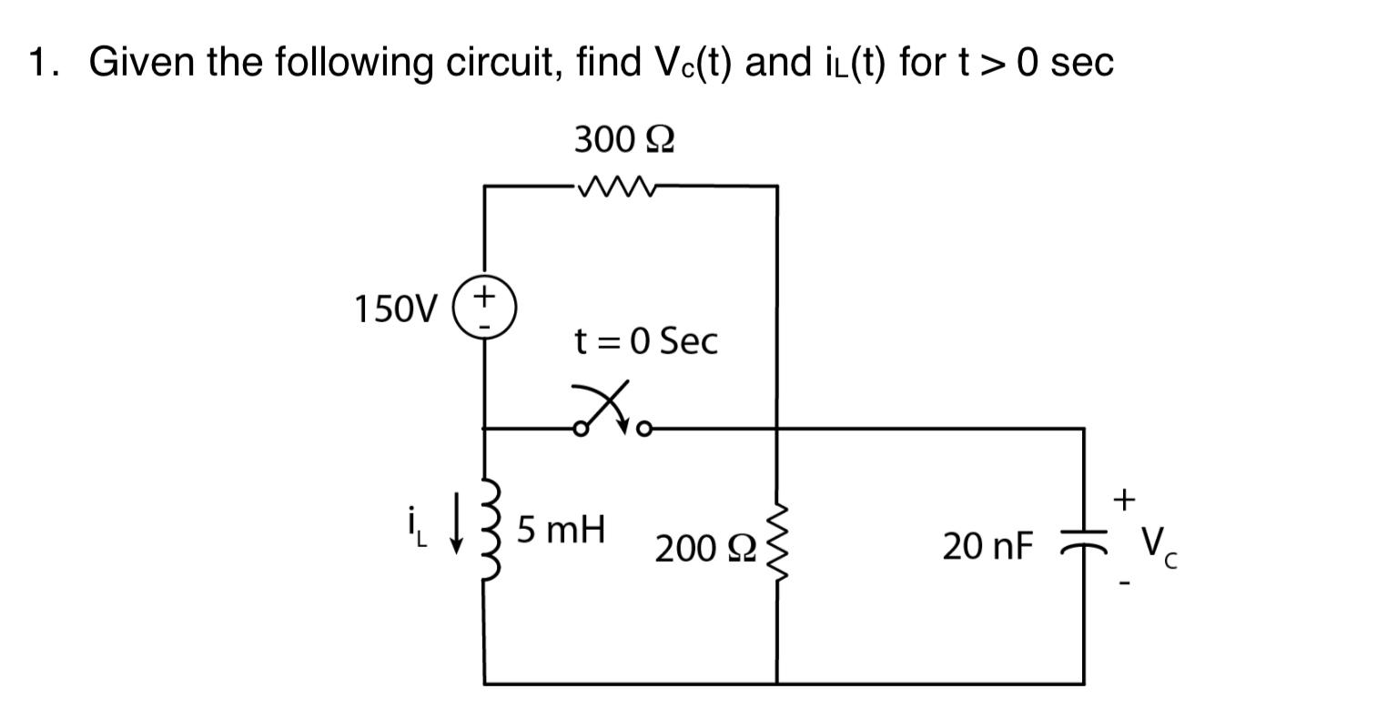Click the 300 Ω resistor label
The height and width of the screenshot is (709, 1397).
[x=623, y=140]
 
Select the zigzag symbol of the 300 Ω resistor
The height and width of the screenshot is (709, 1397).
[x=616, y=187]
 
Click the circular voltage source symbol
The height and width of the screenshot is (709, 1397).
[x=485, y=309]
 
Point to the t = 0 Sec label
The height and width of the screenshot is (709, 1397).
[x=645, y=341]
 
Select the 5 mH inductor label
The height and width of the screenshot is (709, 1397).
[x=561, y=529]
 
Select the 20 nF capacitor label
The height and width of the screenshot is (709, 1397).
[x=987, y=547]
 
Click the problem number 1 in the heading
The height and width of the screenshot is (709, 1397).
[x=38, y=63]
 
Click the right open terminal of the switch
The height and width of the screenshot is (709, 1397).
[x=644, y=428]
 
